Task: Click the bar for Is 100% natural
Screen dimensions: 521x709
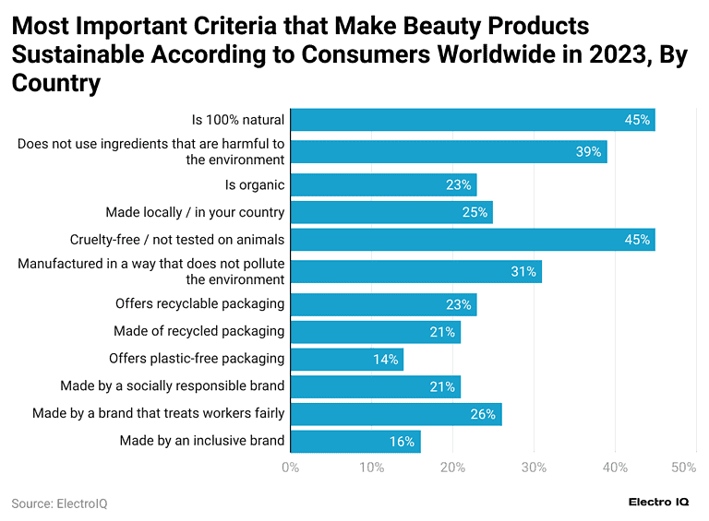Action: click(473, 120)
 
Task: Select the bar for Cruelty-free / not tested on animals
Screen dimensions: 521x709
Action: click(473, 240)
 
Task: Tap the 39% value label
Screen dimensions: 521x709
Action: click(588, 152)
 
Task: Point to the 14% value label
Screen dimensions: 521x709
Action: click(386, 360)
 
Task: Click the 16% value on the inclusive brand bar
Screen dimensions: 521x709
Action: click(402, 442)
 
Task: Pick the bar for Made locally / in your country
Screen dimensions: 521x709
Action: click(391, 213)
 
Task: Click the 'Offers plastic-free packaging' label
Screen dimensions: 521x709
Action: click(197, 359)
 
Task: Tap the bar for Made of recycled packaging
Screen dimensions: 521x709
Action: click(375, 332)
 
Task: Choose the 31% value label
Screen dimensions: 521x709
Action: click(523, 272)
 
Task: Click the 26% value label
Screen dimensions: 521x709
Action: click(483, 414)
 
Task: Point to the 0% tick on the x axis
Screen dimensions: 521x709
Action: click(290, 468)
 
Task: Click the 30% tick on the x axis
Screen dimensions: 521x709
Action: click(534, 468)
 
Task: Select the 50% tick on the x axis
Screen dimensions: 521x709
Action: click(683, 468)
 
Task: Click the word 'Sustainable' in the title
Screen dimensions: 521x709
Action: click(73, 53)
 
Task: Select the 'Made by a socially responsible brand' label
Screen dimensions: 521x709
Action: click(173, 386)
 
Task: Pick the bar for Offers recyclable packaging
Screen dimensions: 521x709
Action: click(383, 304)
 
